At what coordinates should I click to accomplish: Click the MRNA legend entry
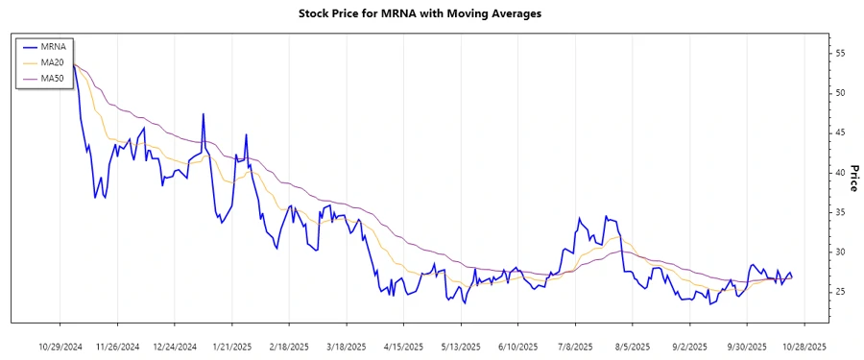(x=53, y=45)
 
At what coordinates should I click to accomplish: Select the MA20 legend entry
(x=53, y=61)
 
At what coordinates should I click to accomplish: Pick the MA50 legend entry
(x=53, y=78)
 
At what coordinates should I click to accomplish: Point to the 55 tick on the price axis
(x=840, y=53)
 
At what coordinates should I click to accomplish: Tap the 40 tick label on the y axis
(x=840, y=172)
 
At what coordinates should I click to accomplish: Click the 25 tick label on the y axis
(x=840, y=291)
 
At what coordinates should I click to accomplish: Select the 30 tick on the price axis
(x=840, y=252)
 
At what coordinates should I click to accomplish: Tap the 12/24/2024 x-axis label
(x=174, y=346)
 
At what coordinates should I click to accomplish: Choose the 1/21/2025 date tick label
(x=231, y=346)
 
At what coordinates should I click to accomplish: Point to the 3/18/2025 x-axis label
(x=345, y=346)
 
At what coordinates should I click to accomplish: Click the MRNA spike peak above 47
(x=204, y=114)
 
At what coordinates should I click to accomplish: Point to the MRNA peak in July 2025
(x=579, y=219)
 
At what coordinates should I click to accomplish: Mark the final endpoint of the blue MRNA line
(x=792, y=277)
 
